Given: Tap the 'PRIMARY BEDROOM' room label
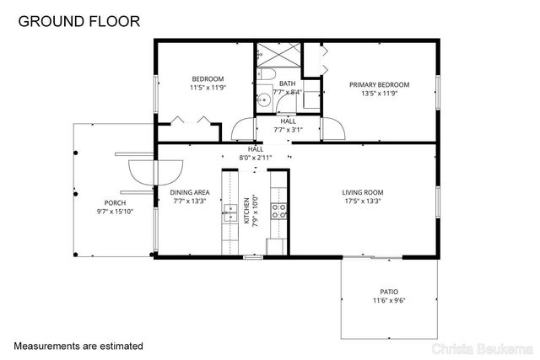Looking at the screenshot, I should pos(379,84).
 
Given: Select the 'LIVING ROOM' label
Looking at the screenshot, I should pos(362,192).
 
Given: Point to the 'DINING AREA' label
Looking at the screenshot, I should pos(178,192).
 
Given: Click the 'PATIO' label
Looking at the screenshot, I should pos(390,291).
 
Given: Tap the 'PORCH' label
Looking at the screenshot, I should pos(115,203).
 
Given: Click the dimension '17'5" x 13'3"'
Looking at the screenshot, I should pos(362,201).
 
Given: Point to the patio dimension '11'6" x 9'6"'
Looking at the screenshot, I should pos(390,300).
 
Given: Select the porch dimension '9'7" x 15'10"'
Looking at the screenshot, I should pos(115,212).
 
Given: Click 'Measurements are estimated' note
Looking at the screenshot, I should pos(78,346).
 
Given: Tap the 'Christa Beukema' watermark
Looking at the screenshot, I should pos(480,347).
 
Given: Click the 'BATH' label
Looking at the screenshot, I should pos(288,83).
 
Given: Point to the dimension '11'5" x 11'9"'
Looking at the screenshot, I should pos(208,87).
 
